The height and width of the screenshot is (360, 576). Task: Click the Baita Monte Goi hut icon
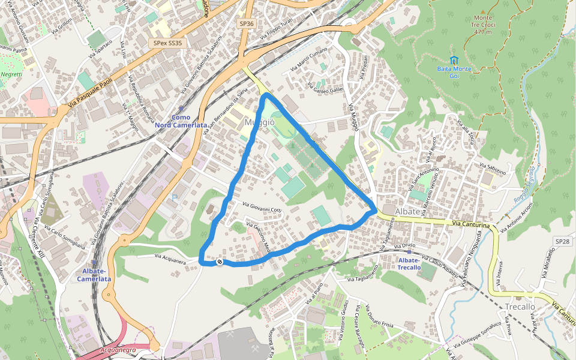click(x=454, y=61)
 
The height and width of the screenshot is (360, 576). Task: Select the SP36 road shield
click(x=246, y=23)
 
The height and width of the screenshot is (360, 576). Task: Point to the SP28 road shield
click(x=562, y=241)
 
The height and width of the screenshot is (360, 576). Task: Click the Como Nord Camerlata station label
click(x=181, y=121)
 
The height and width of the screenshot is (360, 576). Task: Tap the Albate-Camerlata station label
click(x=94, y=275)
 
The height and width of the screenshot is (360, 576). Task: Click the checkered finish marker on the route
click(x=220, y=262)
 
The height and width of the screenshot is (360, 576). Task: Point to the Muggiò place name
click(x=260, y=122)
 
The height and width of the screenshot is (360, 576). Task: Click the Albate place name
click(x=407, y=212)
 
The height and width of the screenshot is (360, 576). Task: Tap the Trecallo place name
click(x=520, y=307)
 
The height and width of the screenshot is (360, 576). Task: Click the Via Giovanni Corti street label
click(x=262, y=206)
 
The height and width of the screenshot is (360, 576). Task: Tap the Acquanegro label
click(x=118, y=349)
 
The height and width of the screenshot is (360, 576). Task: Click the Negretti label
click(x=11, y=74)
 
